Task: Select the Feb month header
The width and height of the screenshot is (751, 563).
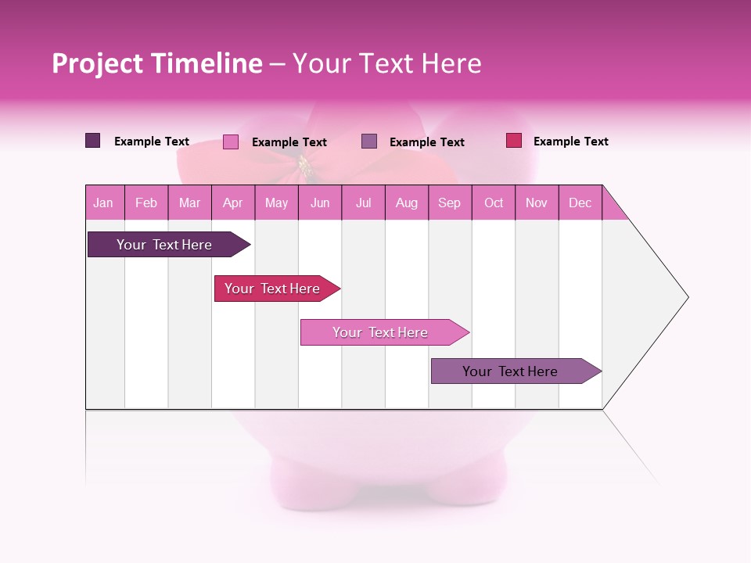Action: [x=146, y=203]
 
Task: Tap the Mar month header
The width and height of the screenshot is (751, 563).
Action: [x=189, y=203]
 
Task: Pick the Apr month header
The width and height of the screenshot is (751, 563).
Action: [x=233, y=203]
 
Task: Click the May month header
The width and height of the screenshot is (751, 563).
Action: [x=276, y=203]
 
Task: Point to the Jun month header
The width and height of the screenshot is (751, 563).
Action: [x=320, y=203]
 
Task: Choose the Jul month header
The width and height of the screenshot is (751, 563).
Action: [x=363, y=203]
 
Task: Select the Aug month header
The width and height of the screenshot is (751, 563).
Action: [x=407, y=203]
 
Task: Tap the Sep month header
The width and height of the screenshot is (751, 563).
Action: [x=450, y=203]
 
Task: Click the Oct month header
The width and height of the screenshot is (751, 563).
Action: [x=494, y=203]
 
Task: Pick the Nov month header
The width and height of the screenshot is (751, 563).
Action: [x=537, y=203]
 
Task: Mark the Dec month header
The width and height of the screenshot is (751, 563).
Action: [x=580, y=203]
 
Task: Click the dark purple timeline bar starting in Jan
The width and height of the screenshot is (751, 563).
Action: [x=164, y=245]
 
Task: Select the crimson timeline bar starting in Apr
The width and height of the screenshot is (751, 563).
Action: [x=272, y=289]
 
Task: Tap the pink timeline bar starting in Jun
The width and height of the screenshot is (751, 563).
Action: [x=380, y=332]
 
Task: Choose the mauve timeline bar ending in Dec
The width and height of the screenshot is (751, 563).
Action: [x=510, y=371]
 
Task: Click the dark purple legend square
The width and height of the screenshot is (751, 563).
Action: [x=93, y=141]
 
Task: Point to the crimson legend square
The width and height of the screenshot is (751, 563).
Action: [x=513, y=141]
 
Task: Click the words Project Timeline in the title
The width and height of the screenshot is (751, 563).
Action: [x=157, y=63]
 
